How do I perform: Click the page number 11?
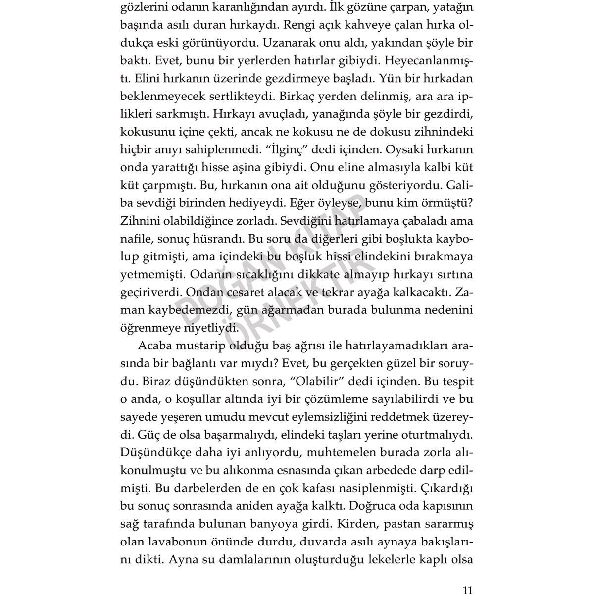pyautogui.click(x=468, y=576)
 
